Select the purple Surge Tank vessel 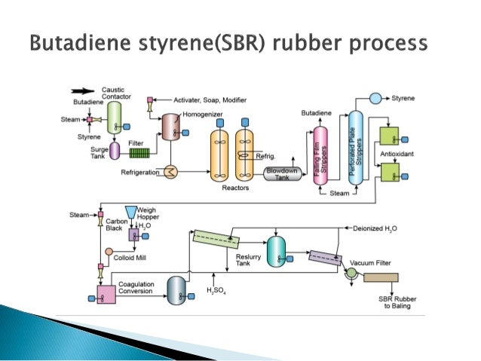click(x=115, y=153)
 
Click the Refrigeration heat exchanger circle click(x=171, y=173)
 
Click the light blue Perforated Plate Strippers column click(x=356, y=147)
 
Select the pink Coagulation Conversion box click(x=106, y=293)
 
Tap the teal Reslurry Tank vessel click(x=279, y=251)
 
